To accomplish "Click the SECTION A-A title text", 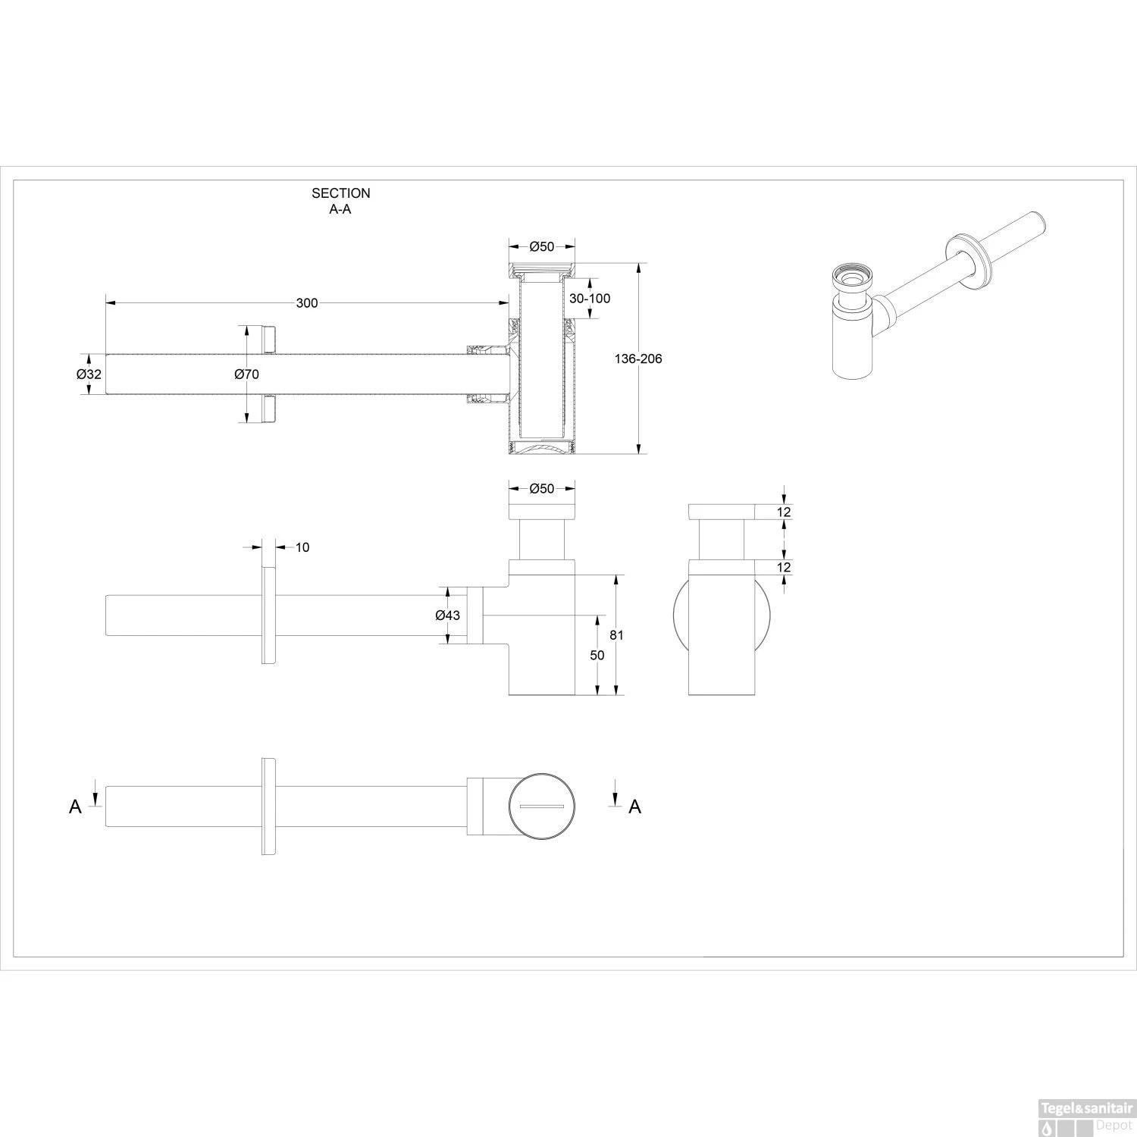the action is [x=341, y=202].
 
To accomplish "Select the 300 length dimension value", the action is [x=307, y=303].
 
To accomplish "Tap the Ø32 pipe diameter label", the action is [x=89, y=374].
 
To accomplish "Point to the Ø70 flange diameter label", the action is [x=247, y=374].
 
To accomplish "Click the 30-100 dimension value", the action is [x=590, y=299].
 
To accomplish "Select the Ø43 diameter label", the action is [x=447, y=615].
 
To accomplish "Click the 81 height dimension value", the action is [x=616, y=635].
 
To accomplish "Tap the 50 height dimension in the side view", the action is [x=597, y=656].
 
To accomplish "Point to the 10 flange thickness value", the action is [x=302, y=547].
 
